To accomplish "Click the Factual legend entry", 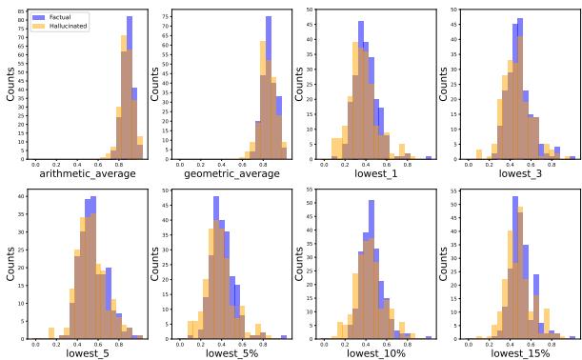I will [x=56, y=17].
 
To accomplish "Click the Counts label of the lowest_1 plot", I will [x=300, y=84].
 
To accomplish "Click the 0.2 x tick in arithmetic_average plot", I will [x=57, y=164].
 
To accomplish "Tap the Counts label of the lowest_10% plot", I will [x=300, y=264].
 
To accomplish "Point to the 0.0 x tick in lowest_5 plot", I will [x=35, y=344].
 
